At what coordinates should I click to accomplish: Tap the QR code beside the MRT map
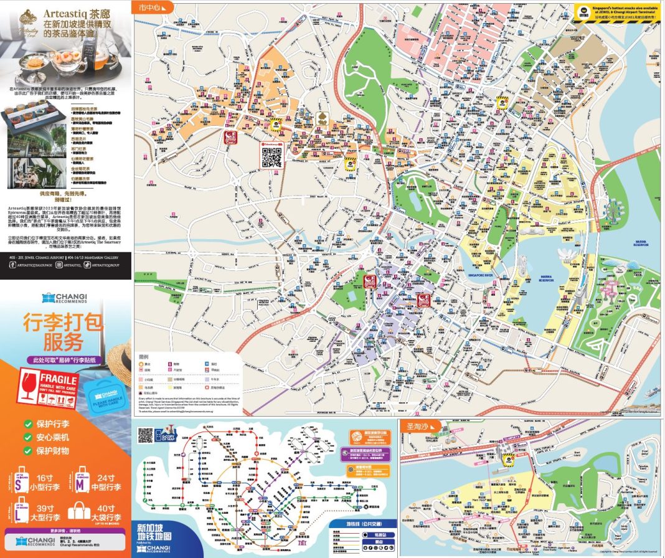coord(145,434)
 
